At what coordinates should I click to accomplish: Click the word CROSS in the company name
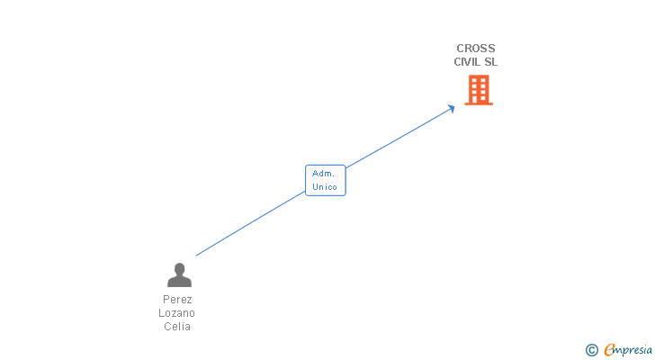pos(475,49)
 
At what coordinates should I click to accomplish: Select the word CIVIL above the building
pos(466,62)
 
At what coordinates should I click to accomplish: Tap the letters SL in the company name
pos(490,62)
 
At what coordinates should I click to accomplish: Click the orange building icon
pos(479,89)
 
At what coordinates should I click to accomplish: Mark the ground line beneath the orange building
pos(479,104)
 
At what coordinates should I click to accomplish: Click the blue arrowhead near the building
pos(452,108)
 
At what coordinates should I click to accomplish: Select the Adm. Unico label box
pos(325,180)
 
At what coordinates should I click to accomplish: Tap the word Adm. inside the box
pos(323,173)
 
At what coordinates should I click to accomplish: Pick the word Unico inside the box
pos(325,187)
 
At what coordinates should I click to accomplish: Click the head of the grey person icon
pos(179,269)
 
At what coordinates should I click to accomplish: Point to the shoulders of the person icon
pos(179,282)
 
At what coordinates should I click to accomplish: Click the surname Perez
pos(178,299)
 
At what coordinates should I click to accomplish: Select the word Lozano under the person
pos(178,312)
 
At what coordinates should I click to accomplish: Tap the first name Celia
pos(177,326)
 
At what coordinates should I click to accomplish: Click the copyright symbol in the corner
pos(592,350)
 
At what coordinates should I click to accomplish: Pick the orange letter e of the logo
pos(609,350)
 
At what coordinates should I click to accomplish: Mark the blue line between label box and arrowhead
pos(400,137)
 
